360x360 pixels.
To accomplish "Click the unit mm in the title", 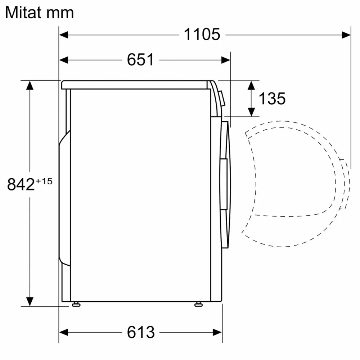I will point(61,13).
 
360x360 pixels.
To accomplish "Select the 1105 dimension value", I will point(202,35).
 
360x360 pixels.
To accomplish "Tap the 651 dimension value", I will point(140,60).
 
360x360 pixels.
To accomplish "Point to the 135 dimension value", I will point(272,98).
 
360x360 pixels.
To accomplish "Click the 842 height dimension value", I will point(21,185).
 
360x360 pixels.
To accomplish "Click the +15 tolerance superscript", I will point(44,181).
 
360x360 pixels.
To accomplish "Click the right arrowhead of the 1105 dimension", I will point(346,35).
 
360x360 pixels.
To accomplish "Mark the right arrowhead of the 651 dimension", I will point(226,60).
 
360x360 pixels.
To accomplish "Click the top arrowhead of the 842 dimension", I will point(30,86).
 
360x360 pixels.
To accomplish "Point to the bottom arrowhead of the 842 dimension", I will point(30,301).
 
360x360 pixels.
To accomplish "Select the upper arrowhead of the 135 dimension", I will point(252,85).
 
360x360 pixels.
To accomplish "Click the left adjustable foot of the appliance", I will point(76,305).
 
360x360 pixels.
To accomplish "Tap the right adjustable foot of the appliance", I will point(198,305).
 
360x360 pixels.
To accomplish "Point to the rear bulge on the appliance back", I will point(64,198).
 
